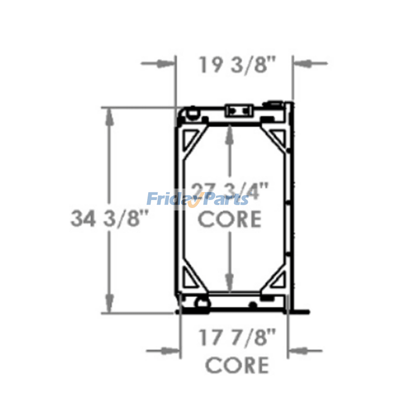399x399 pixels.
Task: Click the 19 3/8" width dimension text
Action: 237,65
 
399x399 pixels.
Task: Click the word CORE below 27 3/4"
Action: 230,219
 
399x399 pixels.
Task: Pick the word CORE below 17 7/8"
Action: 237,365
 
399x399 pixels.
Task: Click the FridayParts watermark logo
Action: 198,200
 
